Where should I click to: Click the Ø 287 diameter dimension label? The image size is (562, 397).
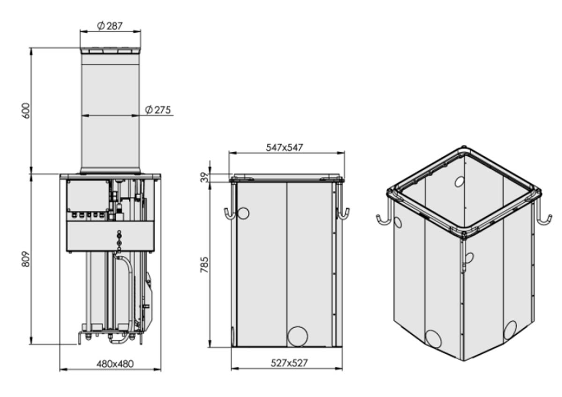[110, 26]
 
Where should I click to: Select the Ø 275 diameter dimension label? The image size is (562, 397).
[158, 110]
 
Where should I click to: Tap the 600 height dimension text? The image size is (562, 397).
[26, 110]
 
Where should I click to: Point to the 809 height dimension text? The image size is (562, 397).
[26, 259]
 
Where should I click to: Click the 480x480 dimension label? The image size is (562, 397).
[115, 364]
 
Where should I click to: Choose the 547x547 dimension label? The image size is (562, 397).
[284, 147]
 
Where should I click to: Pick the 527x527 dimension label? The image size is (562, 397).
[289, 363]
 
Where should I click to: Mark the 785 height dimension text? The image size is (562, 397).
[205, 265]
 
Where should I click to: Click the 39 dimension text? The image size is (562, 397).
[205, 177]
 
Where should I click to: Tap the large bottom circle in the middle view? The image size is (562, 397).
[297, 336]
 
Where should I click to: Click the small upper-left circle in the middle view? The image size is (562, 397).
[243, 213]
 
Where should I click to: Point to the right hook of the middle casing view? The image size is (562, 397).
[343, 213]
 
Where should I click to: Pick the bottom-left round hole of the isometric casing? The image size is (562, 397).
[433, 338]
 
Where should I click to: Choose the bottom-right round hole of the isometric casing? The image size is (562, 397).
[510, 331]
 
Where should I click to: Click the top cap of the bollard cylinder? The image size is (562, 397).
[111, 51]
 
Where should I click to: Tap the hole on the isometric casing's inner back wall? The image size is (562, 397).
[459, 182]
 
